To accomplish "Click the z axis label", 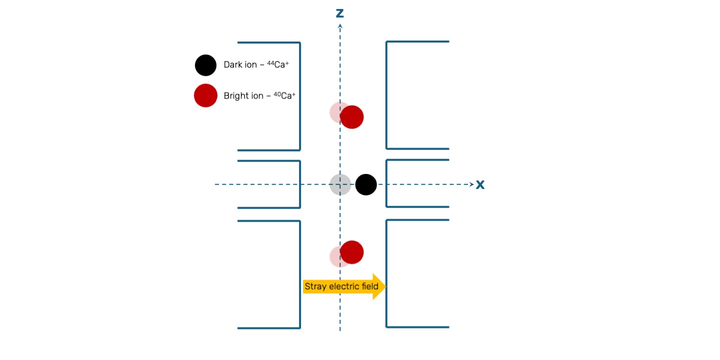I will click(340, 13).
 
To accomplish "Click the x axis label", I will click(480, 185).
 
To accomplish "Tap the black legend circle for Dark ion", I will click(205, 65).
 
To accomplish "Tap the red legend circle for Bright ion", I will click(205, 95).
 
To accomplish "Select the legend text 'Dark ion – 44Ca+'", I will click(256, 65).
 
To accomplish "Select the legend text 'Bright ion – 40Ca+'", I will click(259, 95).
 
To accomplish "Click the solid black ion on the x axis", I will click(366, 184).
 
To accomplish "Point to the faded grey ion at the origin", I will click(339, 184).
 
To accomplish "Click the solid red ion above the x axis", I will click(352, 117).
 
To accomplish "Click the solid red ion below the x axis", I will click(352, 252).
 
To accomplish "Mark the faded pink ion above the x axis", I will click(336, 111).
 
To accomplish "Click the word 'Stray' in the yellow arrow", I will click(314, 287).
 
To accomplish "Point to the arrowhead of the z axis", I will click(340, 25).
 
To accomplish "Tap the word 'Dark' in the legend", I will click(232, 65).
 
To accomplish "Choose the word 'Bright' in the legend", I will click(236, 96).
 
